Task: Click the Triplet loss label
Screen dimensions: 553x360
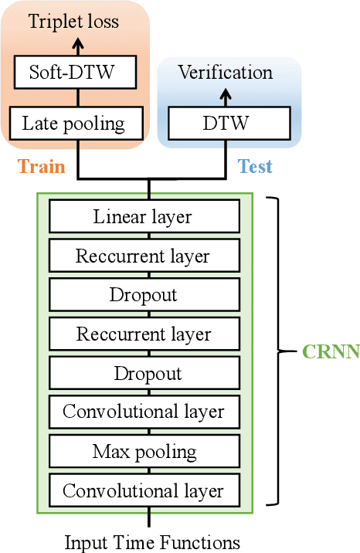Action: point(73,22)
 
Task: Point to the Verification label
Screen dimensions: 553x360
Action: point(225,73)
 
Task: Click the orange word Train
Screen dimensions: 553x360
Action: point(41,166)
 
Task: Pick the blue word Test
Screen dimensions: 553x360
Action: point(255,166)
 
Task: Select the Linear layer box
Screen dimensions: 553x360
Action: point(143,216)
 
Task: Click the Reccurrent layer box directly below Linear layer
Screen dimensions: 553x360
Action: point(143,256)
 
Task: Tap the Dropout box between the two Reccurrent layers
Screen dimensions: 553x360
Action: point(143,295)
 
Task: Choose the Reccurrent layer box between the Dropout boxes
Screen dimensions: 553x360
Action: point(143,334)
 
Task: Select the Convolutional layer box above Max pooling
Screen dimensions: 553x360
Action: point(143,412)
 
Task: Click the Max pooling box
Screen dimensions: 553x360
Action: point(143,451)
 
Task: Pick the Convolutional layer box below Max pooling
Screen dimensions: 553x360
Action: point(143,490)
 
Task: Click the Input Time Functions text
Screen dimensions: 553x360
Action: point(151,541)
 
